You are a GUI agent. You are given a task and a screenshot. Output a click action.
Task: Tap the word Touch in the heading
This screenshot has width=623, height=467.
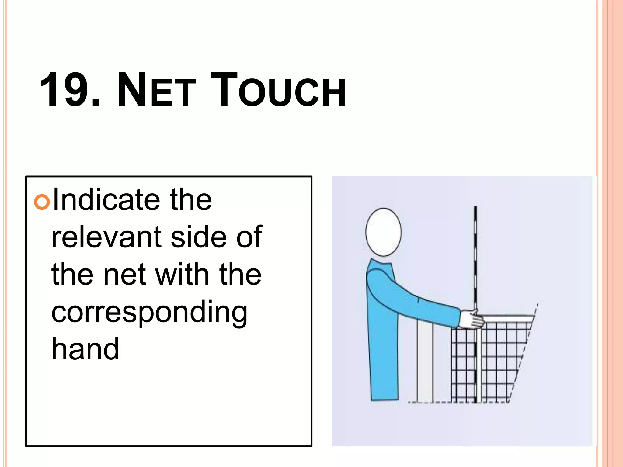(277, 90)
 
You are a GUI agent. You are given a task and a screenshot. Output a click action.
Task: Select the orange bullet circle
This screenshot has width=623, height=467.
(42, 202)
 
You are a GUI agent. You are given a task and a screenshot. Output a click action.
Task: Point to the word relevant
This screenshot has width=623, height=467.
(106, 237)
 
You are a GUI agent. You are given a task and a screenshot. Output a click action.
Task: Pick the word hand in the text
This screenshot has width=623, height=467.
(85, 349)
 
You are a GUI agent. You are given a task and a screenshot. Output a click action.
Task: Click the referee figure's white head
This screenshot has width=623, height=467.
(383, 232)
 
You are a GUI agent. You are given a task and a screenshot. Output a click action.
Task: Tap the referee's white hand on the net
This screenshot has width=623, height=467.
(472, 319)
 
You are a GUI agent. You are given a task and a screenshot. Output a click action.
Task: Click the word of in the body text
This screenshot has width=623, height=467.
(249, 237)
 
